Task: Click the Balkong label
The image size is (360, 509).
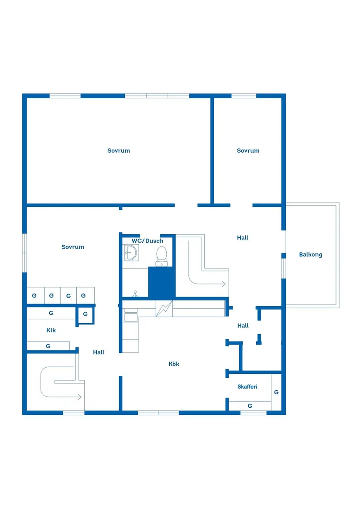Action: pyautogui.click(x=311, y=255)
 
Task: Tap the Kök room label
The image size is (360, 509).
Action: pyautogui.click(x=174, y=364)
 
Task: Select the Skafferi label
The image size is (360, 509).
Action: pyautogui.click(x=247, y=386)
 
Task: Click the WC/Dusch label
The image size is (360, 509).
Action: pyautogui.click(x=147, y=241)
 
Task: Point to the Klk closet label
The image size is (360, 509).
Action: pyautogui.click(x=51, y=330)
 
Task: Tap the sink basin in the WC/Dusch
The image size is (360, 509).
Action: pyautogui.click(x=131, y=253)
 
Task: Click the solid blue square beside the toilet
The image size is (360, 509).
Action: pyautogui.click(x=162, y=282)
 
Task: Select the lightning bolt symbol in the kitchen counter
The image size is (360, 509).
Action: pyautogui.click(x=164, y=308)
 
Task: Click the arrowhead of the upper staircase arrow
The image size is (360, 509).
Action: pyautogui.click(x=223, y=284)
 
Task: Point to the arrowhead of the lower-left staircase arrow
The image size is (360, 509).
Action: pyautogui.click(x=79, y=396)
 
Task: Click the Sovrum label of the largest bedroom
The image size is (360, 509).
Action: pyautogui.click(x=119, y=150)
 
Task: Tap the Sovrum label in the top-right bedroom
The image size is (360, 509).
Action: pyautogui.click(x=248, y=150)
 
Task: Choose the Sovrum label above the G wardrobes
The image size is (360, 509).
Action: pyautogui.click(x=73, y=247)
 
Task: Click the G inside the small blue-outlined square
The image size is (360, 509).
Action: pyautogui.click(x=86, y=314)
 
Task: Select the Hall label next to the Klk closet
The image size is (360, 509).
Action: pyautogui.click(x=99, y=352)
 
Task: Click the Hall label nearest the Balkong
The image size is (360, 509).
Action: pyautogui.click(x=243, y=238)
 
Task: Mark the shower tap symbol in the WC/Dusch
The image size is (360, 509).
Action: pyautogui.click(x=135, y=294)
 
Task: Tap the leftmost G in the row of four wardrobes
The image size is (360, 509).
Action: pyautogui.click(x=34, y=296)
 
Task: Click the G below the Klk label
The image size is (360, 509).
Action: pyautogui.click(x=48, y=346)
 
